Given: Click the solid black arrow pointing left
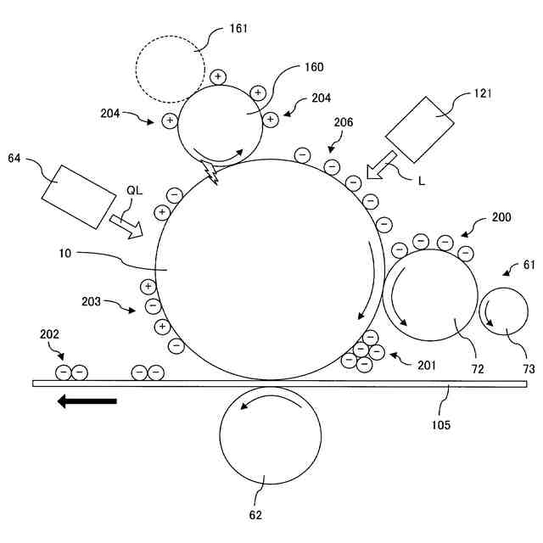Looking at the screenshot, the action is pos(87,401).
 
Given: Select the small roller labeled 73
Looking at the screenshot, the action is pos(506,315).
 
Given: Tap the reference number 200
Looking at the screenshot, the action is pos(501,218).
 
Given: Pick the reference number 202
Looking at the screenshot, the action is pos(50,335).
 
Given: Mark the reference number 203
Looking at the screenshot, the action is pos(91,301).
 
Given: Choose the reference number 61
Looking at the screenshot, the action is pos(529,266).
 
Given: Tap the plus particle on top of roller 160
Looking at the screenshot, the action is pos(217,76).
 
